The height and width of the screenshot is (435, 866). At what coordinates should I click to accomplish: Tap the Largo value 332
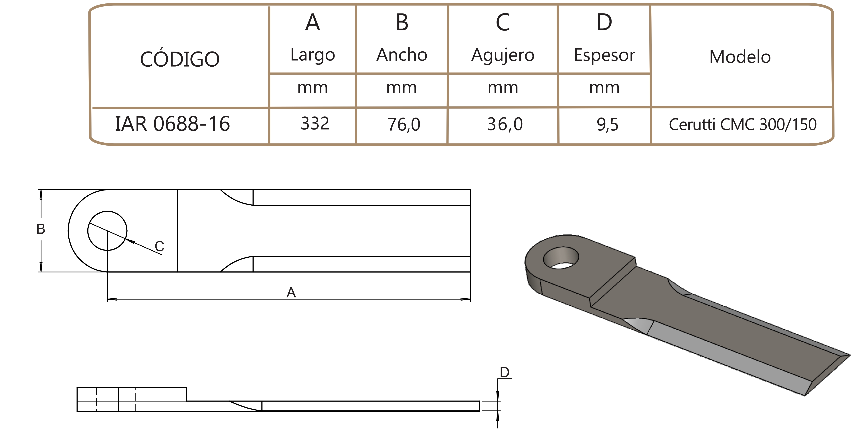point(315,123)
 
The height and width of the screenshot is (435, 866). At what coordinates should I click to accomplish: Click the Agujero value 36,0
point(505,124)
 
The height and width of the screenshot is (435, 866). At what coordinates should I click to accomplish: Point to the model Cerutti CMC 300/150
point(743,124)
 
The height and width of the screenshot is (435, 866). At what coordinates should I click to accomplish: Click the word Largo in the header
point(313,55)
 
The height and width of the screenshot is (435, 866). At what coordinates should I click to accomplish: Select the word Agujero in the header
point(503,55)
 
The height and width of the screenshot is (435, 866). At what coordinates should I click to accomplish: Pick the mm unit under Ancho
point(402,88)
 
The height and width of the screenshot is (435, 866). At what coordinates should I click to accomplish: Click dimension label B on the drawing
point(41,229)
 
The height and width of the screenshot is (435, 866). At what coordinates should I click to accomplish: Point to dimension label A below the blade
point(291,293)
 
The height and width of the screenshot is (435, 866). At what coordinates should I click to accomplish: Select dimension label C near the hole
point(159,246)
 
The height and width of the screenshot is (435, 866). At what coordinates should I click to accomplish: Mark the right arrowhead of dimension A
point(466,299)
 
